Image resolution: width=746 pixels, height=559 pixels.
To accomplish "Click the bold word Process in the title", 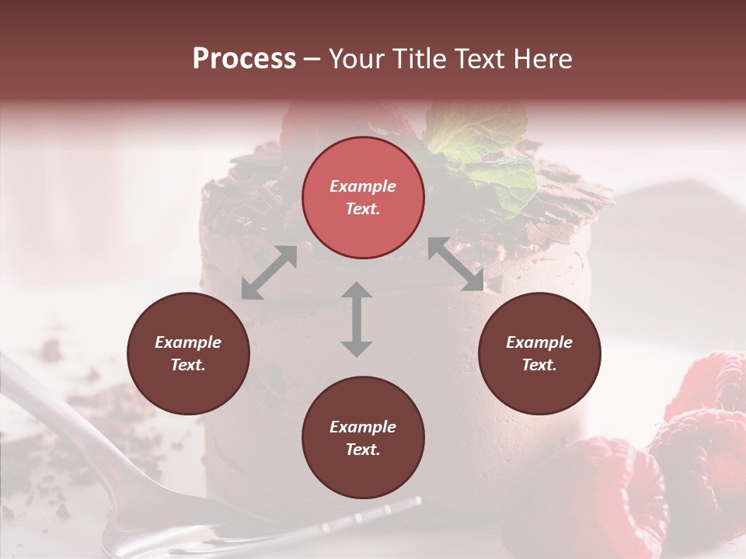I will tap(244, 59).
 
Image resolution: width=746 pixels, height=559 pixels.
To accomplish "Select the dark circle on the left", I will tap(188, 353).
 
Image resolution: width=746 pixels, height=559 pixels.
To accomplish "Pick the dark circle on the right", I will tap(539, 353).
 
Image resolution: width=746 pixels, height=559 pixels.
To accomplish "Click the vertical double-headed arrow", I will tap(357, 319).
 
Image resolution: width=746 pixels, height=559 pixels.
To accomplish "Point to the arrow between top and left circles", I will tap(269, 273).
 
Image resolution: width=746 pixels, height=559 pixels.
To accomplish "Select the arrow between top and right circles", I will tap(456, 264).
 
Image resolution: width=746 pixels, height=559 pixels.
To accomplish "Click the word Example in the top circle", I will tap(363, 186).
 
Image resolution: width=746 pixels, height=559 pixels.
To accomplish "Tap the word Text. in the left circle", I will tap(188, 365).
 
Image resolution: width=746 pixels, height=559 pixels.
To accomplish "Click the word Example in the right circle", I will tap(539, 342).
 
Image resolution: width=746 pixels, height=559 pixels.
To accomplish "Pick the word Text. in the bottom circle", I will tap(363, 450).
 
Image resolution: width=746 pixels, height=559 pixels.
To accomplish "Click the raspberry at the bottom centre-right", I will tap(614, 489).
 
